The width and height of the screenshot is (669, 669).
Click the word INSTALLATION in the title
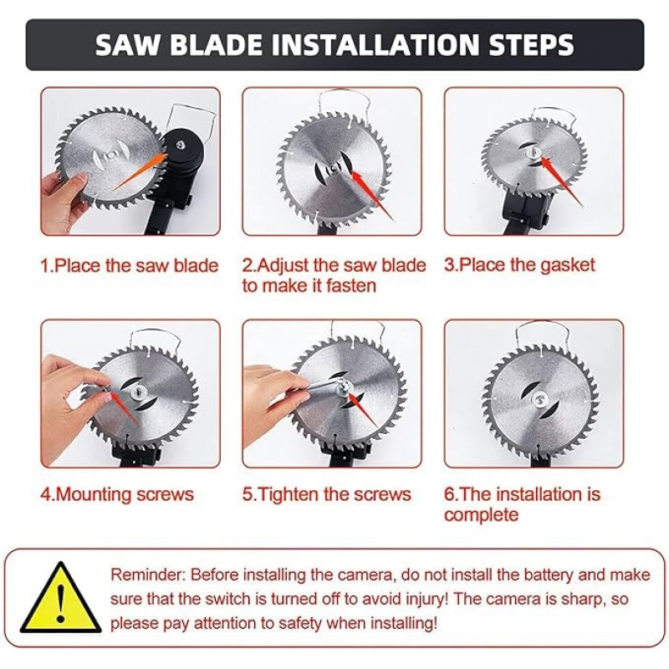pyautogui.click(x=375, y=45)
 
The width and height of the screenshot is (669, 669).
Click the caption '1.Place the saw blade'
pyautogui.click(x=130, y=265)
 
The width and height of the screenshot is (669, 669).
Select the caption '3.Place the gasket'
pyautogui.click(x=519, y=265)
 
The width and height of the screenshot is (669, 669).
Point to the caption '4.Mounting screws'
pyautogui.click(x=117, y=494)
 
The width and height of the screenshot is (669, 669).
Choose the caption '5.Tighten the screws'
pyautogui.click(x=326, y=494)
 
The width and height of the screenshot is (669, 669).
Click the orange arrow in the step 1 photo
pyautogui.click(x=140, y=171)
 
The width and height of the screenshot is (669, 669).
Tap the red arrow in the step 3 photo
pyautogui.click(x=562, y=181)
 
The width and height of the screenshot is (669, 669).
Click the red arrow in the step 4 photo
pyautogui.click(x=124, y=410)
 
